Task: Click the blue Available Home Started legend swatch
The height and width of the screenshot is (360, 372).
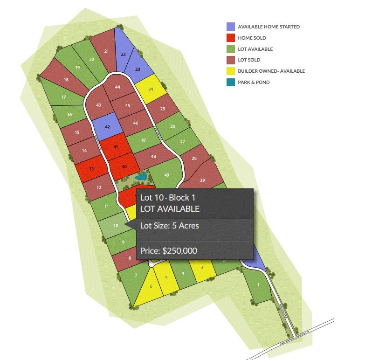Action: coord(231,27)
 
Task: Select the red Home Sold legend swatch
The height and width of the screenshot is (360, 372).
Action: coord(231,38)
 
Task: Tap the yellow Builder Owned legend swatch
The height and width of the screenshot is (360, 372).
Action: coord(231,71)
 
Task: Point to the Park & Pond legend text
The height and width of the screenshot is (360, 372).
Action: coord(254,83)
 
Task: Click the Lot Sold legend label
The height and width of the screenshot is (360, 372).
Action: coord(249,60)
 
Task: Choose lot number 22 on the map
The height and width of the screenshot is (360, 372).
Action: coord(123,55)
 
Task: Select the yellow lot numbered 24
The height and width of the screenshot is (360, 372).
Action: coord(151,89)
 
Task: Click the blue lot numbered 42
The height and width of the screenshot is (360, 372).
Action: coord(107,126)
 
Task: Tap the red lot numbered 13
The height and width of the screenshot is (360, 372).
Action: coord(91,168)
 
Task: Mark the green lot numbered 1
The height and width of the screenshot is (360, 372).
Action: coord(258,285)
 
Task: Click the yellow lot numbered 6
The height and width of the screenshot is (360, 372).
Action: coord(151,286)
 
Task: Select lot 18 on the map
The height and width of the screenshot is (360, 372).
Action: coord(66,80)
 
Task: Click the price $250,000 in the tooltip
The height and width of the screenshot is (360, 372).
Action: coord(169,250)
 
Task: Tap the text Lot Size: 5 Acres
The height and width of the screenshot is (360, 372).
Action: coord(170,226)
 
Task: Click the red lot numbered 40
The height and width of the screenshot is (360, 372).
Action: coord(124,166)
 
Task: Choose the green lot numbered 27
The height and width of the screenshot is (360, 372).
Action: coord(182,142)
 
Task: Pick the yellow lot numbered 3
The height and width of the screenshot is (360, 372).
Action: coord(202,268)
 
